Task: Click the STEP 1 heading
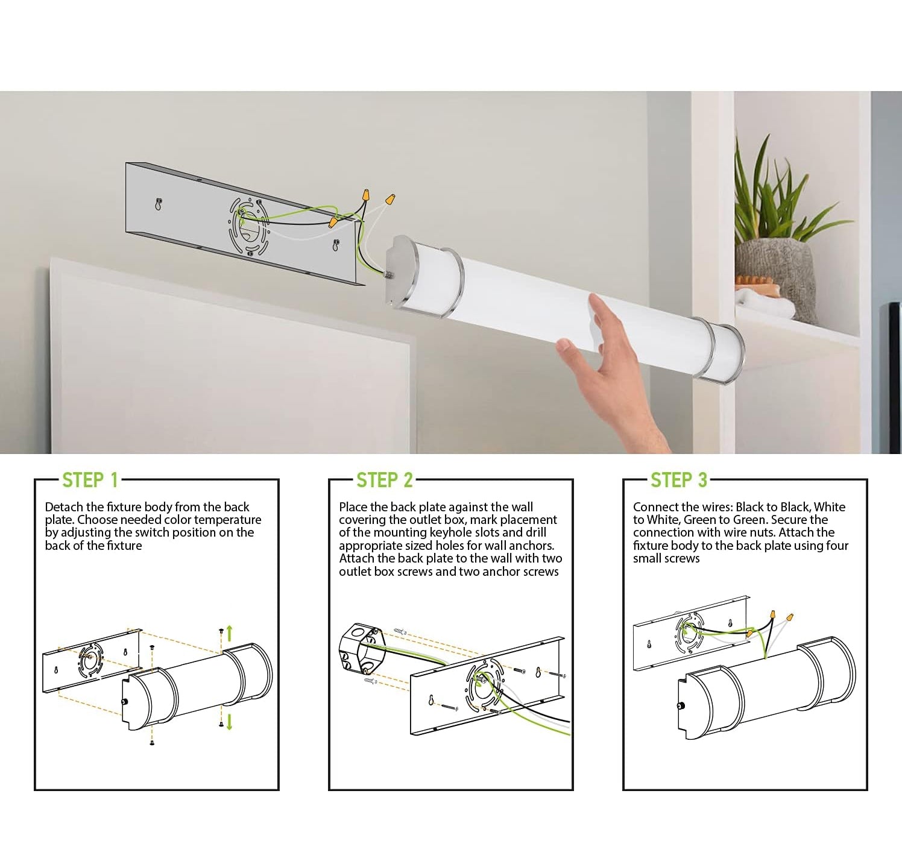90,480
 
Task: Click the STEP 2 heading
385,480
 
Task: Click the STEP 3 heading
679,480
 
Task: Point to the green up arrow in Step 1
229,634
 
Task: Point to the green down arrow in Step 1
229,722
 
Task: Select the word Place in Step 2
353,507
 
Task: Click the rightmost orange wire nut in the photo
389,200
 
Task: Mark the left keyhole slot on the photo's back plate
159,204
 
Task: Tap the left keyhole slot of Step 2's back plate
431,699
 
